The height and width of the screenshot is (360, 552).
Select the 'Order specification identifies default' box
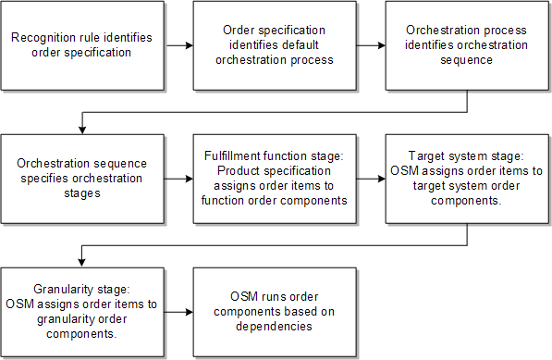(274, 44)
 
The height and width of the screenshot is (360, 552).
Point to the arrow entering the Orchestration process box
(371, 44)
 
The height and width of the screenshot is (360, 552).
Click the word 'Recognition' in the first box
(44, 38)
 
